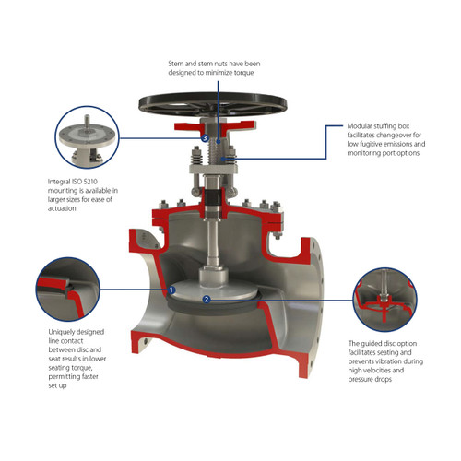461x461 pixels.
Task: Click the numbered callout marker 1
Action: coord(172,290)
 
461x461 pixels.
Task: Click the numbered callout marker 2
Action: coord(206,300)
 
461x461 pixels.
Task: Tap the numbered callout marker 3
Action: coord(204,138)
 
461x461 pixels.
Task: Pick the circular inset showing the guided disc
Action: coord(383,294)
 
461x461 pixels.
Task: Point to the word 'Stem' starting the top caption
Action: coord(176,63)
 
